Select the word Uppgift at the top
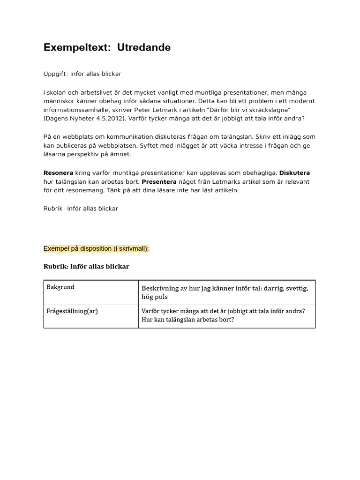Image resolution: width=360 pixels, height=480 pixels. tap(55, 74)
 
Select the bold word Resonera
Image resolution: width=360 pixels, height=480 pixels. tap(58, 173)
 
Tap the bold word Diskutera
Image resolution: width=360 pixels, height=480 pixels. tap(294, 173)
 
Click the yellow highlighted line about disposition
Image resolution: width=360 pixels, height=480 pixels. tap(96, 248)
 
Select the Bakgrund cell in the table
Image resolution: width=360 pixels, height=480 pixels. tap(60, 287)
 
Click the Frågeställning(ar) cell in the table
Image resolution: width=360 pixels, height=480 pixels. tap(72, 311)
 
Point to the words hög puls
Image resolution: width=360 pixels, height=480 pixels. tap(155, 297)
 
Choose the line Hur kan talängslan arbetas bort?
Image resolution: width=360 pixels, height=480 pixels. tap(187, 320)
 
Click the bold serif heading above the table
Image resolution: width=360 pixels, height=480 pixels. tap(86, 266)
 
